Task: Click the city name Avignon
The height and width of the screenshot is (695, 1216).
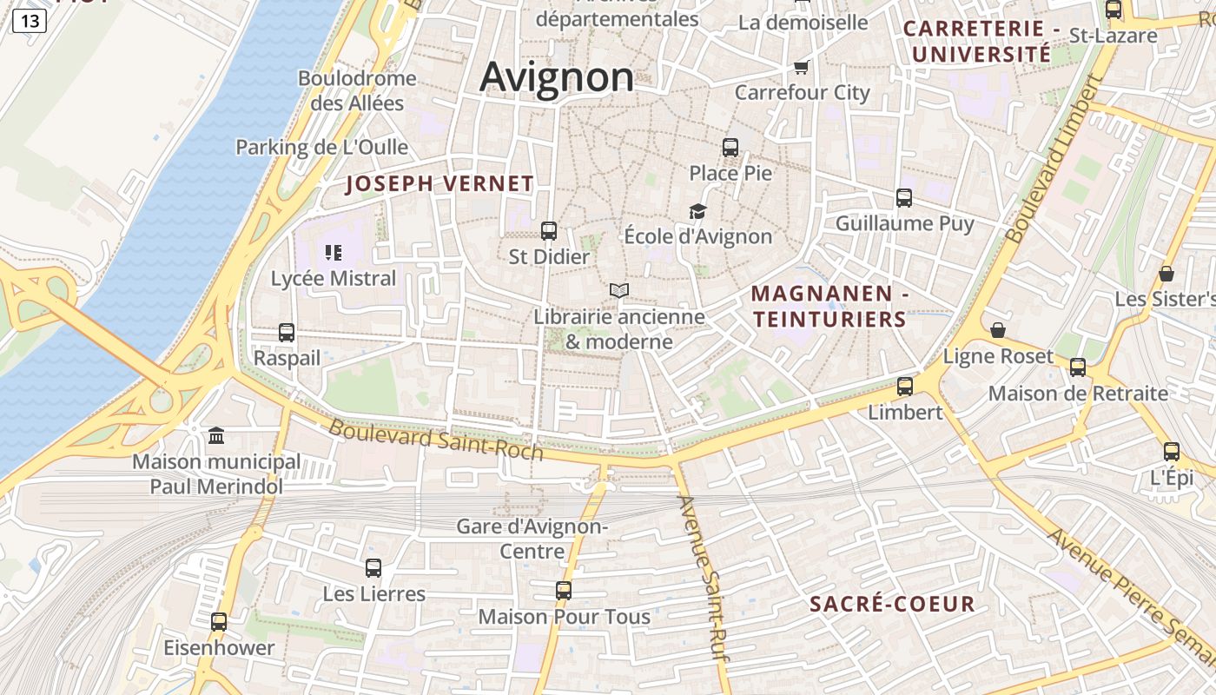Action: [557, 76]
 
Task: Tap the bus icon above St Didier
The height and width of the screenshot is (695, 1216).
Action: [549, 231]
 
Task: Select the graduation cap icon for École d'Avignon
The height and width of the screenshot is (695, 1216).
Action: [697, 211]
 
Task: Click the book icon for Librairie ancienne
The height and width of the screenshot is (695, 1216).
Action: [618, 290]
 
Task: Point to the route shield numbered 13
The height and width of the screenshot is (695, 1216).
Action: [29, 21]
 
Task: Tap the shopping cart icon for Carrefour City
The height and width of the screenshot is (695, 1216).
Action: [801, 67]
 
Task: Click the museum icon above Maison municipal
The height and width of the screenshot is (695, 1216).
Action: [216, 435]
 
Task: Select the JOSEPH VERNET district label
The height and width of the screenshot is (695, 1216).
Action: [439, 184]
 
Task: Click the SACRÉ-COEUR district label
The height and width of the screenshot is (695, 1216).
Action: [892, 605]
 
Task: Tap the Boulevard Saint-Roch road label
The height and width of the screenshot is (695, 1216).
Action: [436, 440]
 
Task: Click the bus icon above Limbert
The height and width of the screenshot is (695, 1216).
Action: [905, 387]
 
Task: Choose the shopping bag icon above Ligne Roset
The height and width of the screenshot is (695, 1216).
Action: [998, 331]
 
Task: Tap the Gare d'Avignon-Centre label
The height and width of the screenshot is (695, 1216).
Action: [532, 539]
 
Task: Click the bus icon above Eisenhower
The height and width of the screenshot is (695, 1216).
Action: [219, 622]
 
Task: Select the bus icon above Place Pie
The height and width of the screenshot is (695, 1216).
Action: [730, 148]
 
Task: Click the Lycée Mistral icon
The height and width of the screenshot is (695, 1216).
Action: [334, 253]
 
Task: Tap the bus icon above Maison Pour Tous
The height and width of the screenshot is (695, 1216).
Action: [564, 591]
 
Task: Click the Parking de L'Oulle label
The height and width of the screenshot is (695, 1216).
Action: [321, 147]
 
